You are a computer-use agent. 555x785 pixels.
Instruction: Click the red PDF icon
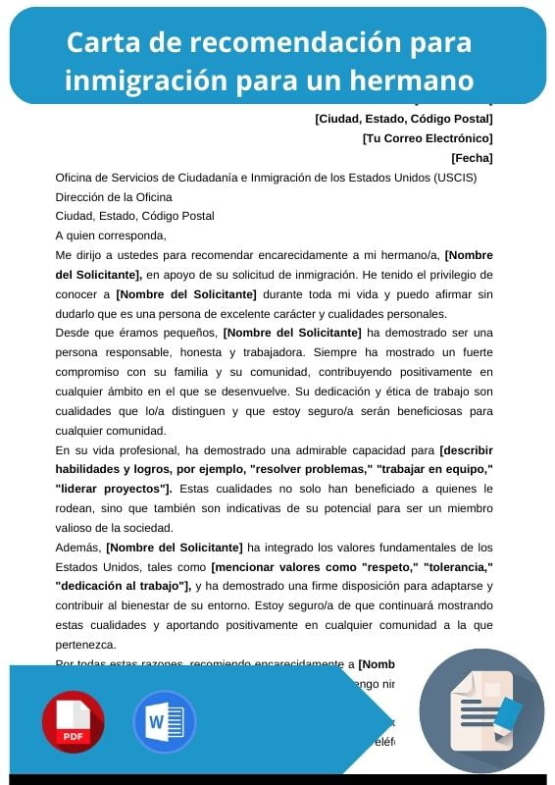click(73, 722)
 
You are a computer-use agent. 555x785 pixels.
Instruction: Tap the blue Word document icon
click(165, 722)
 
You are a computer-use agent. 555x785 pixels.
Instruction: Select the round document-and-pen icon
click(481, 711)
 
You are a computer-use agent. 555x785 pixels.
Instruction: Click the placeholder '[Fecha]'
click(472, 158)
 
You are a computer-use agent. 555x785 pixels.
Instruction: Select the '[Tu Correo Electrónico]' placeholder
click(428, 138)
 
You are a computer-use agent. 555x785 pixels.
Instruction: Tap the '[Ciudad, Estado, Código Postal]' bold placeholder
click(403, 120)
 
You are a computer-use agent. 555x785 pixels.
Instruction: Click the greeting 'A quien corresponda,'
click(111, 235)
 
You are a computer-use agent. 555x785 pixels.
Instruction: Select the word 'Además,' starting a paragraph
click(78, 547)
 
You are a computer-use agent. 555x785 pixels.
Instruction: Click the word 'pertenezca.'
click(85, 645)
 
